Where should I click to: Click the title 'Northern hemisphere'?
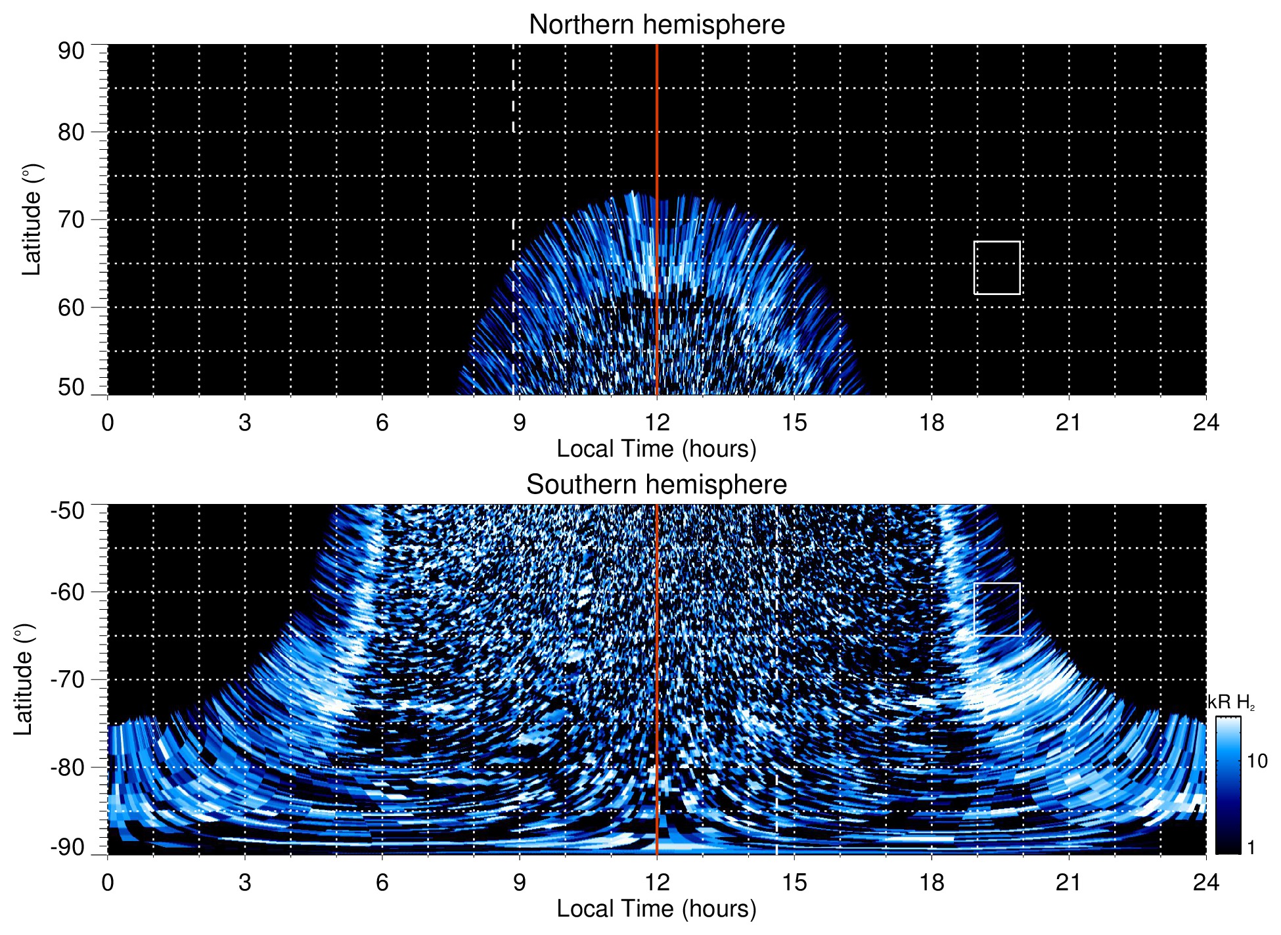(x=656, y=25)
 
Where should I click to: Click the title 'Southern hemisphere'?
(x=656, y=485)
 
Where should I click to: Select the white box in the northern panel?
(x=997, y=268)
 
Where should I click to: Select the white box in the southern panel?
(x=997, y=609)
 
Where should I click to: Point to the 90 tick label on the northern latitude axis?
(x=71, y=51)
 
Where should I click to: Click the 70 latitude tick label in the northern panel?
(x=71, y=219)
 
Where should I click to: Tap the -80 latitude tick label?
(x=68, y=767)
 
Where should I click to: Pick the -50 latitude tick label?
(x=68, y=511)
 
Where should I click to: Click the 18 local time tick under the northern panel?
(x=931, y=422)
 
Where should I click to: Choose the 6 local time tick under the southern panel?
(x=382, y=882)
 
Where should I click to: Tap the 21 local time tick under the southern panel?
(x=1068, y=882)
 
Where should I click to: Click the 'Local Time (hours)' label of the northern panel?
(x=656, y=449)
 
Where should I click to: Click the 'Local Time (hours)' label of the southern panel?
(x=656, y=909)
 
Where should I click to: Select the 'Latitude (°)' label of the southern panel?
(x=24, y=680)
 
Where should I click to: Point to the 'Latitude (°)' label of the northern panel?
(x=32, y=220)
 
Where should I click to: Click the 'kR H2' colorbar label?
(x=1231, y=703)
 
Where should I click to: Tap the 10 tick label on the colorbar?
(x=1257, y=762)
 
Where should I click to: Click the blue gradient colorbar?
(x=1227, y=785)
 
